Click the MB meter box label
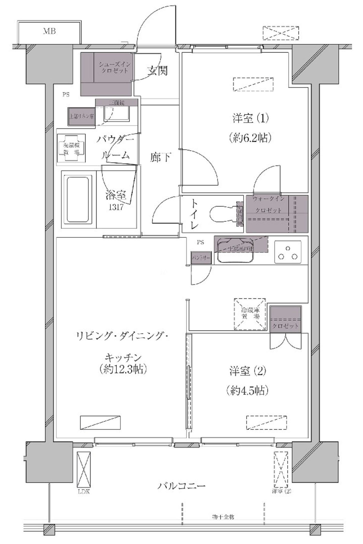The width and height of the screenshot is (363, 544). tap(49, 32)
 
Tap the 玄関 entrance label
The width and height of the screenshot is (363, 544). tap(157, 71)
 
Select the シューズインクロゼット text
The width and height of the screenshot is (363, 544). tap(114, 67)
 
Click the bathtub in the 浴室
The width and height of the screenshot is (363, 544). tap(78, 199)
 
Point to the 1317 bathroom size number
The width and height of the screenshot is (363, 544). tap(116, 207)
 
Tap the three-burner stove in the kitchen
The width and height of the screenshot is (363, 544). tap(288, 252)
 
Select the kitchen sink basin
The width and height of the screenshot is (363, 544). tap(235, 251)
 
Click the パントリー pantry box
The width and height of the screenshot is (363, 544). tap(201, 258)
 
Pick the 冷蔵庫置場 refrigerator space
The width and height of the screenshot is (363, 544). tap(250, 314)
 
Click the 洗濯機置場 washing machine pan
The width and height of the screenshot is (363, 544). tap(71, 149)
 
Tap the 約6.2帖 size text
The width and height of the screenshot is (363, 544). tap(250, 138)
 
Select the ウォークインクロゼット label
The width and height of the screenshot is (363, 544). tap(268, 204)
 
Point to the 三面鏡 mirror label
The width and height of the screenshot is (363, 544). tap(116, 103)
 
